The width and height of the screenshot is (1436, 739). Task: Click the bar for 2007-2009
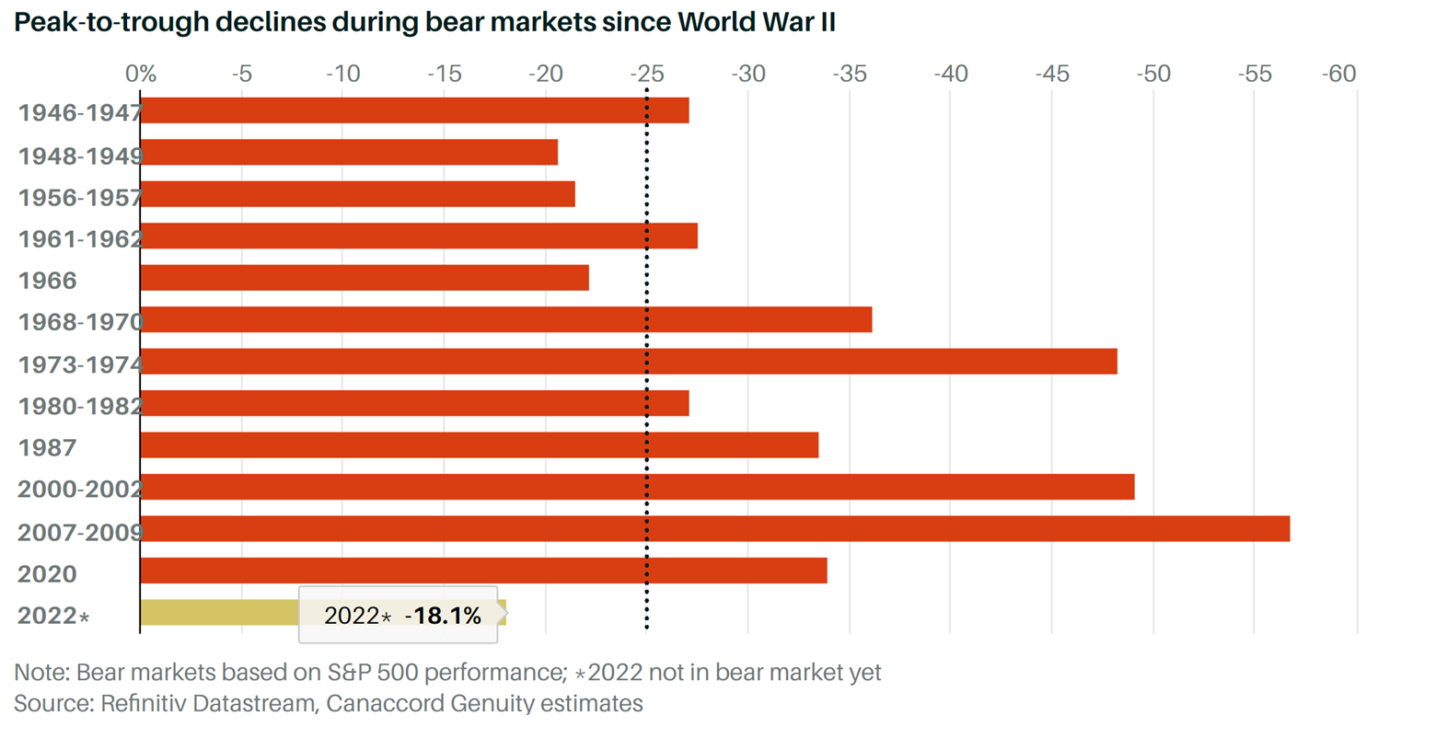714,529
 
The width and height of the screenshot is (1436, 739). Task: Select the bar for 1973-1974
628,362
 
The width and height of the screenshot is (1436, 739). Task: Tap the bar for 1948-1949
349,153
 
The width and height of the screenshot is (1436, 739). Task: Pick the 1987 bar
479,445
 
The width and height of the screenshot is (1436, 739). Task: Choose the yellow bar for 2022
219,613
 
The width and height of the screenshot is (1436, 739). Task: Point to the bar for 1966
364,278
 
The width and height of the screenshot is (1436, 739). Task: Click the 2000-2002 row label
79,489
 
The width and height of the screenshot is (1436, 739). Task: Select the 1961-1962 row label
80,238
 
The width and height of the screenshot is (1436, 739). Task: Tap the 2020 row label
47,574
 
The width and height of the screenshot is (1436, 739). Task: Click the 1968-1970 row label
80,322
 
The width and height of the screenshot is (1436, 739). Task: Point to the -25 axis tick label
646,74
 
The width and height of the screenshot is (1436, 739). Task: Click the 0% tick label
141,74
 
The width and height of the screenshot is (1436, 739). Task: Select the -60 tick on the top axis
1338,74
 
